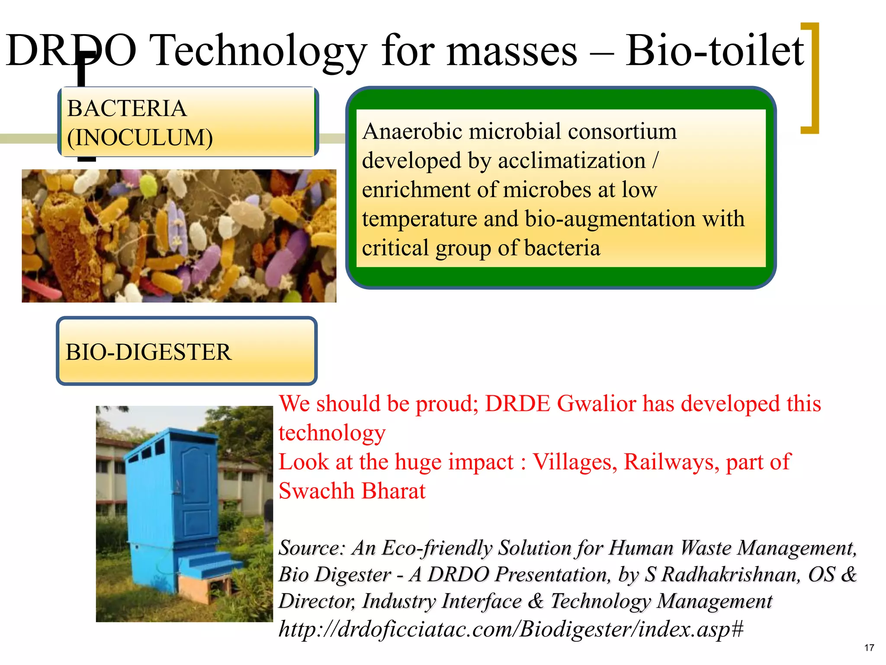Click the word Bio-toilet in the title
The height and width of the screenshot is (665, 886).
pos(715,51)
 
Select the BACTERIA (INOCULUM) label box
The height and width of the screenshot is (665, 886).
pos(188,122)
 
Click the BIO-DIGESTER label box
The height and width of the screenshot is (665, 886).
pos(186,351)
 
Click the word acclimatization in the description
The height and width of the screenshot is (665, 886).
pos(571,161)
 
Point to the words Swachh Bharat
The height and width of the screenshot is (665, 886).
pos(352,491)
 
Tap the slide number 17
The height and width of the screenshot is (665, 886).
pos(869,648)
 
